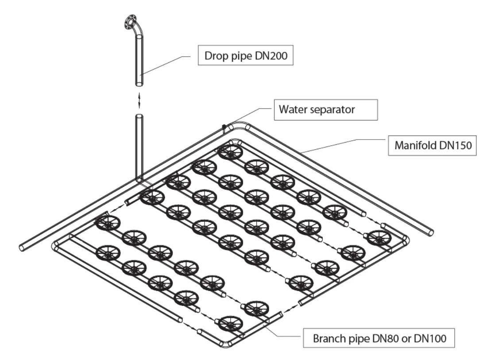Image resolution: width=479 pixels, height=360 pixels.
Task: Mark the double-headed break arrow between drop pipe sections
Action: click(140, 100)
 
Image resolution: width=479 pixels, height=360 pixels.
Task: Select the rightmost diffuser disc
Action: click(379, 238)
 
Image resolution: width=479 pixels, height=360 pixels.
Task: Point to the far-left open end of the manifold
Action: click(23, 247)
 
